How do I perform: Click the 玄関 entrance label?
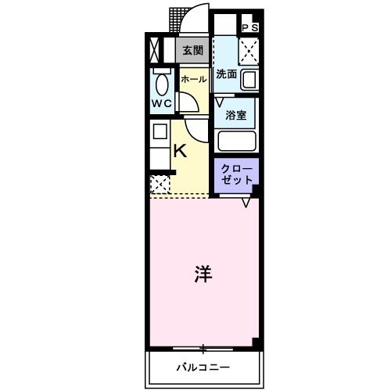click(193, 50)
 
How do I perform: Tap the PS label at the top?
click(249, 28)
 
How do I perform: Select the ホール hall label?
click(193, 79)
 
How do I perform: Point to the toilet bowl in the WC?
click(162, 84)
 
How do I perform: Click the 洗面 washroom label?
click(227, 76)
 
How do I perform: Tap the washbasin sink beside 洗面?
click(250, 80)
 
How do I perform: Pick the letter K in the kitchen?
click(179, 150)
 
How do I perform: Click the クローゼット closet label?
click(237, 174)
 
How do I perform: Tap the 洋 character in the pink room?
click(202, 274)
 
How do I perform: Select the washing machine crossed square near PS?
click(249, 52)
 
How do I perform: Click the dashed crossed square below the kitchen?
click(160, 185)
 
